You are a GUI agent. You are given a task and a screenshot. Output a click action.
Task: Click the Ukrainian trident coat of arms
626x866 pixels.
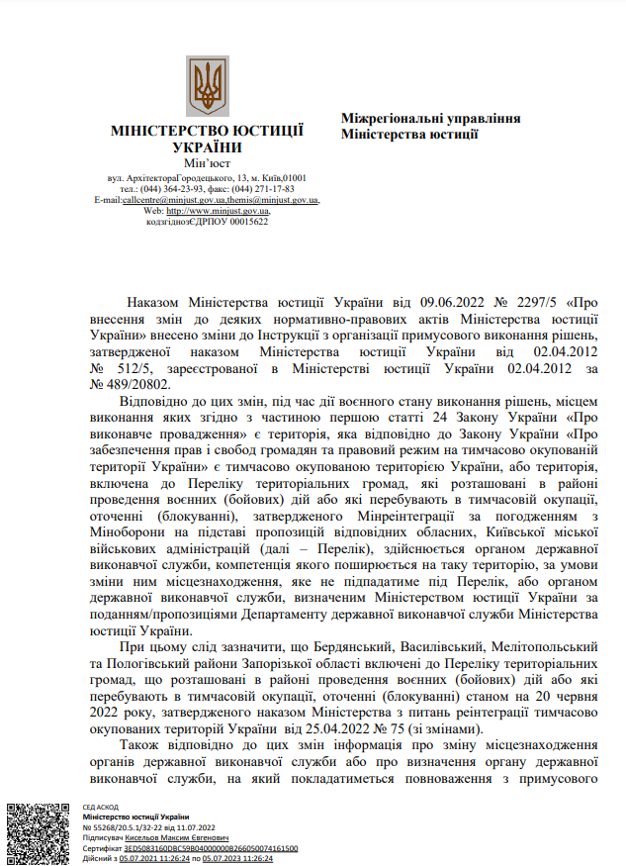tap(208, 87)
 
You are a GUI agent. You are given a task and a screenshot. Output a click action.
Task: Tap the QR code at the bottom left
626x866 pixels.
tap(38, 830)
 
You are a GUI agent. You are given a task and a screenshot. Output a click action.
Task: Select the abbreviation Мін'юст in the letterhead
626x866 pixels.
tap(207, 162)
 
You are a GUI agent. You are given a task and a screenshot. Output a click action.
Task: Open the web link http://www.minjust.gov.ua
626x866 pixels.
tap(218, 211)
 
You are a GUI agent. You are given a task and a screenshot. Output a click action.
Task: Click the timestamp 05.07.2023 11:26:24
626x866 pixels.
tap(238, 858)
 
